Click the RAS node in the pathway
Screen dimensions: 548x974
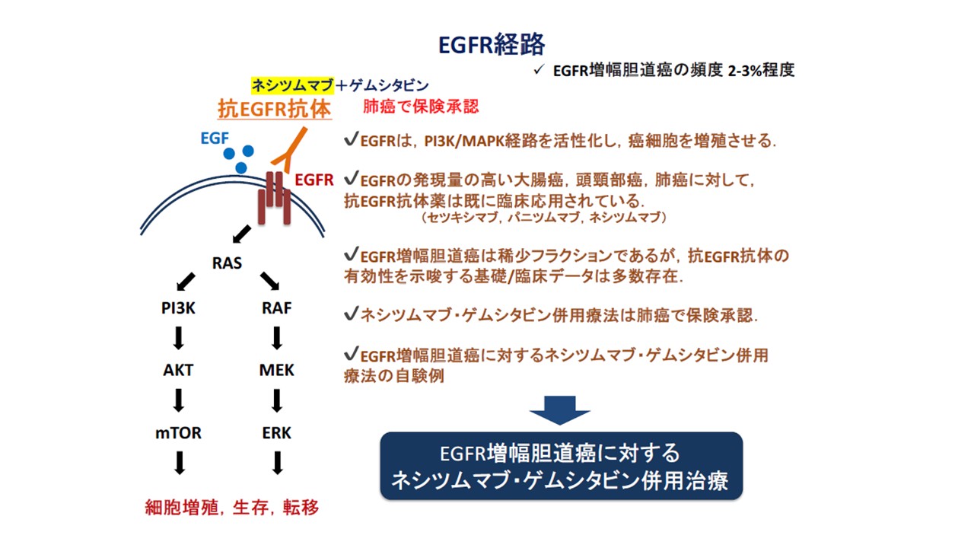coord(227,263)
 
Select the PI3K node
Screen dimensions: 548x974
coord(179,309)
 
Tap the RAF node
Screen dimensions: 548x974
coord(276,309)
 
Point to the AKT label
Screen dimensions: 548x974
coord(179,371)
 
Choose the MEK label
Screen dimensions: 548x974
coord(276,371)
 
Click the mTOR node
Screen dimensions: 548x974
coord(179,433)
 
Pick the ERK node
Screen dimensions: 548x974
coord(276,433)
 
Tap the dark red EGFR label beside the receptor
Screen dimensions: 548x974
coord(314,180)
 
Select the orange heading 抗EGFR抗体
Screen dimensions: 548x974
coord(275,110)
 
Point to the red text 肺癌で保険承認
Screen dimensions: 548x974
coord(421,106)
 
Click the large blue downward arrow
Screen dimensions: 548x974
coord(560,409)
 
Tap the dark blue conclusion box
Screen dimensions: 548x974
coord(561,466)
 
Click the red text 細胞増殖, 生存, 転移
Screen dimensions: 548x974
coord(232,507)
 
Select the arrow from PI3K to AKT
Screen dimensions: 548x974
coord(179,338)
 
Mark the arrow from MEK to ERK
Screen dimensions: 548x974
coord(277,400)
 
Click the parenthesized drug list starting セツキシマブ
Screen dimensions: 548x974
coord(543,218)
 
